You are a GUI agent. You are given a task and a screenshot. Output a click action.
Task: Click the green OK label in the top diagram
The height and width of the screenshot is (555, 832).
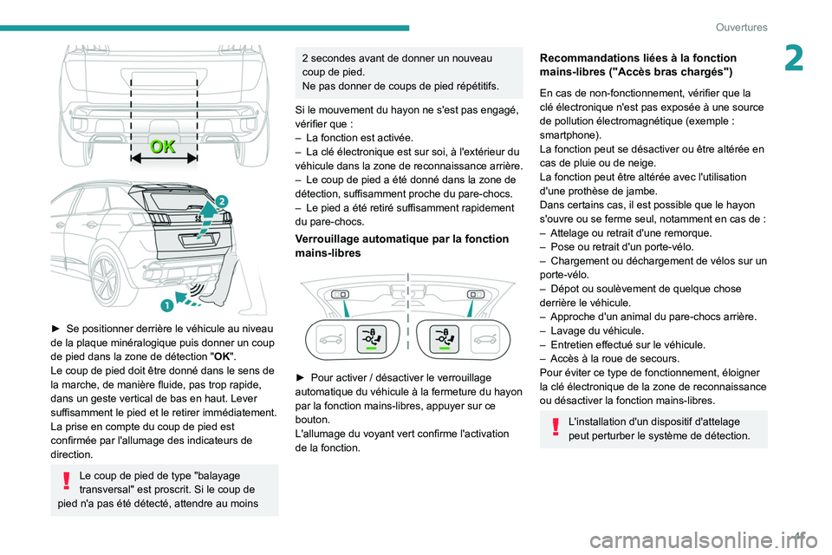(163, 146)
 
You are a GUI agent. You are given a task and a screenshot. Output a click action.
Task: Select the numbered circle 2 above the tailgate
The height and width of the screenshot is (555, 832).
(221, 200)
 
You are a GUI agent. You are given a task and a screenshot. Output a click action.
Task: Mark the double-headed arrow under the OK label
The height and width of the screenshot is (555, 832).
(163, 160)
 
